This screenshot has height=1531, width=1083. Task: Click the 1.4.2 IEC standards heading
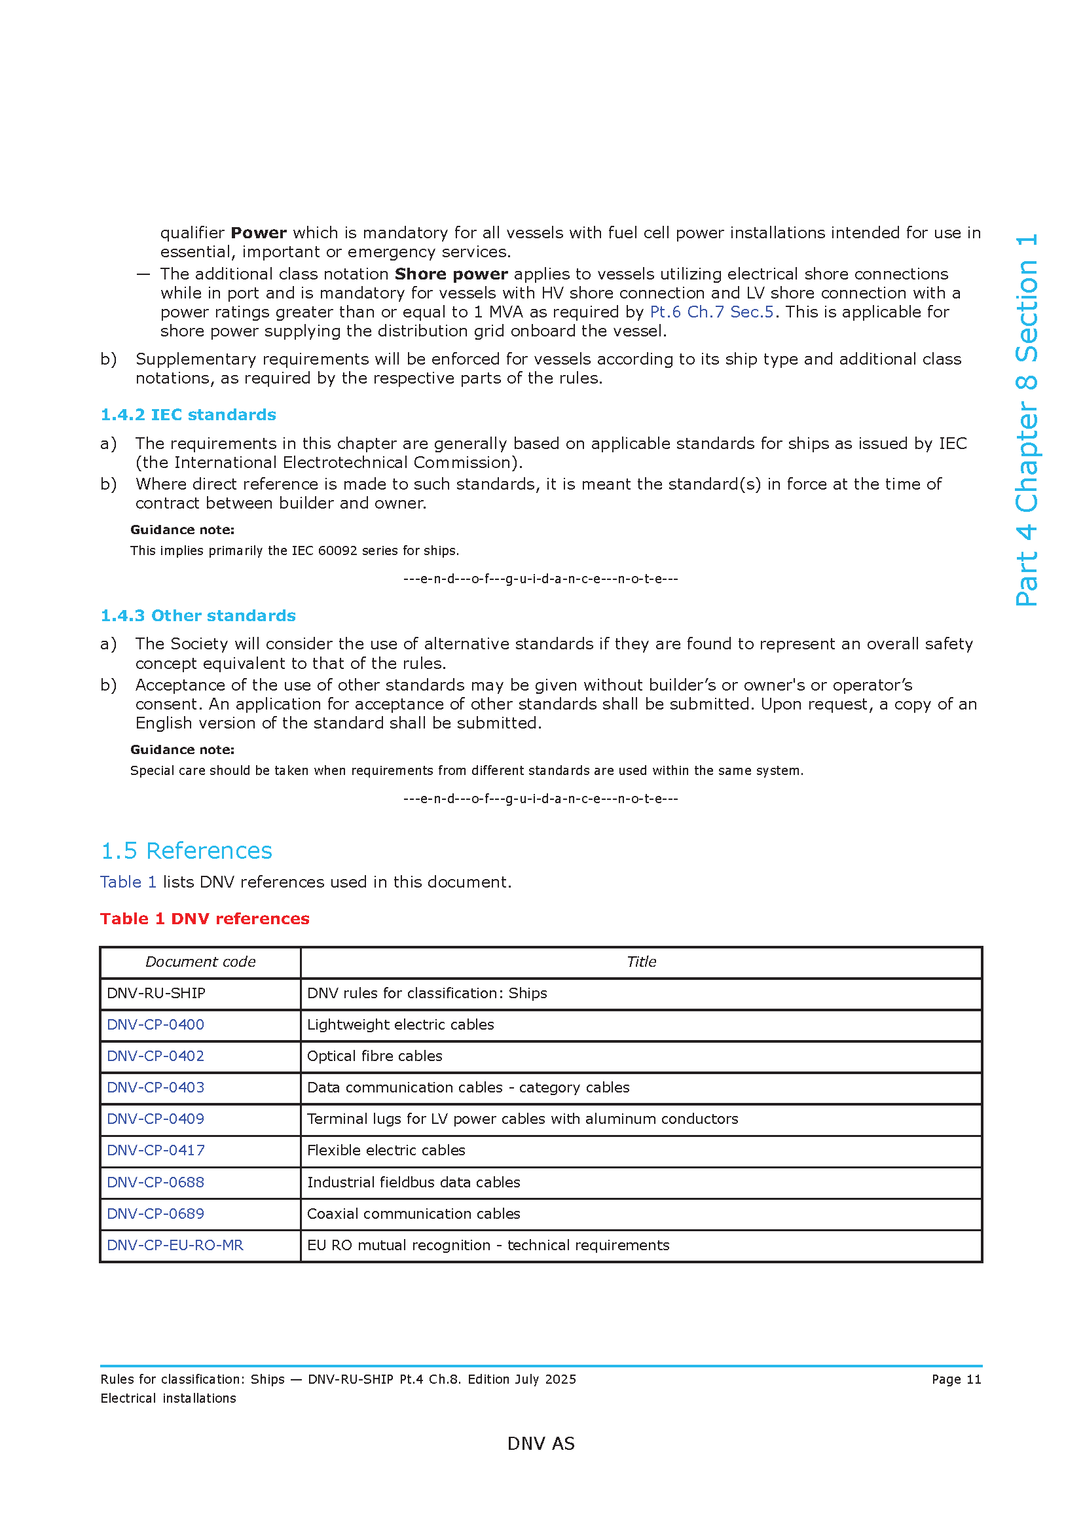188,415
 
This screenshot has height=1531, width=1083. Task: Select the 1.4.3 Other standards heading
198,615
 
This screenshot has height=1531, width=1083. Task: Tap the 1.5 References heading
186,851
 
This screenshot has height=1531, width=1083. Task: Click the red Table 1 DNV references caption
205,919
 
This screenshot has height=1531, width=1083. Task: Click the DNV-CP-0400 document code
155,1025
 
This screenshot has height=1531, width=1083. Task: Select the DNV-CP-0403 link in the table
155,1088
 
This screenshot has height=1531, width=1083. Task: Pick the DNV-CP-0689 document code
155,1214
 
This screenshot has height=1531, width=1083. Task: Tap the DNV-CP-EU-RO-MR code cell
175,1246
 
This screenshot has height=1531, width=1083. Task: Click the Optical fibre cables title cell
374,1056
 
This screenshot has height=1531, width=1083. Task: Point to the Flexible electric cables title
386,1150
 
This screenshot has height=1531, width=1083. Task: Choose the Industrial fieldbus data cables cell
413,1182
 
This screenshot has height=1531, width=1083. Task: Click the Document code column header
200,962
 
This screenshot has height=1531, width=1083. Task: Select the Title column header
641,962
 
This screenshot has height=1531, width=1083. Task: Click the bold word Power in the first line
259,233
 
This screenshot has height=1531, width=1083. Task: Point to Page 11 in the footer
956,1380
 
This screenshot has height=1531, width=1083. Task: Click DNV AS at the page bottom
541,1444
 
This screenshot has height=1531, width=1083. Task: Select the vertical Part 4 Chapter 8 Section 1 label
1026,420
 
